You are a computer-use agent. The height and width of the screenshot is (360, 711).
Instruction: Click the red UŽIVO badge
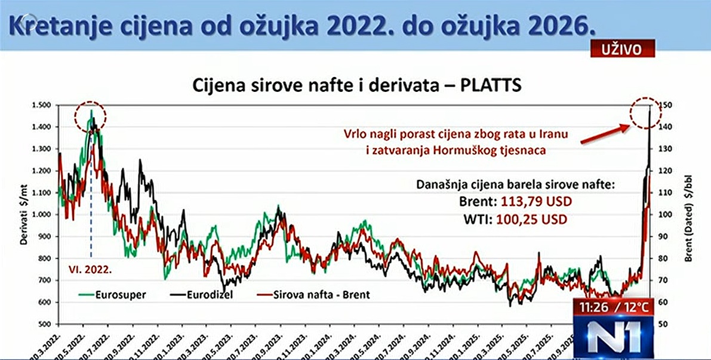point(623,49)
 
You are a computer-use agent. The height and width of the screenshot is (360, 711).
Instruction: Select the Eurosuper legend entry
point(121,294)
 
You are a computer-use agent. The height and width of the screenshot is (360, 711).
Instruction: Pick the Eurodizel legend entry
point(208,294)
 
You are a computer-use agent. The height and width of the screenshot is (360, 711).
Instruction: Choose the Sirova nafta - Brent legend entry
point(320,294)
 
